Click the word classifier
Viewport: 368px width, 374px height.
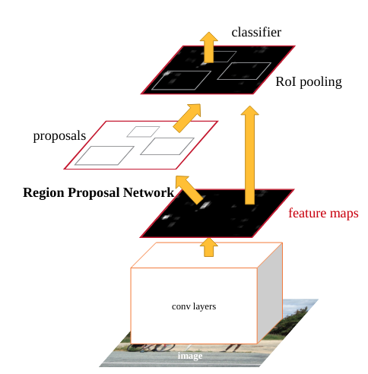click(256, 33)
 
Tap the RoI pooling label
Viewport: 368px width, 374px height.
click(309, 82)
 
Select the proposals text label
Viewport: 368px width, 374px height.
click(59, 136)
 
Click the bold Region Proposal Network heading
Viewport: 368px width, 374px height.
click(98, 192)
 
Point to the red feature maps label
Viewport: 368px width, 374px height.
click(323, 213)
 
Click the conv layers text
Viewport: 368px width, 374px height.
click(194, 306)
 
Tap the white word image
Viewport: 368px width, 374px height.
click(190, 356)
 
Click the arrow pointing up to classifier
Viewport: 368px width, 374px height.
click(209, 47)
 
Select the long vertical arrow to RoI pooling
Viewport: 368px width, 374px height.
click(249, 155)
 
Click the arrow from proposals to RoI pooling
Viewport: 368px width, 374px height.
click(188, 118)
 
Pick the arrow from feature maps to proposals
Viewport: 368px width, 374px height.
click(189, 189)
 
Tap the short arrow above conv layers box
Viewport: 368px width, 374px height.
click(209, 247)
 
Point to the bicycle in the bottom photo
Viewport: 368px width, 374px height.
click(151, 347)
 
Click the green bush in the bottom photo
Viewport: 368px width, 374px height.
click(291, 322)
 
